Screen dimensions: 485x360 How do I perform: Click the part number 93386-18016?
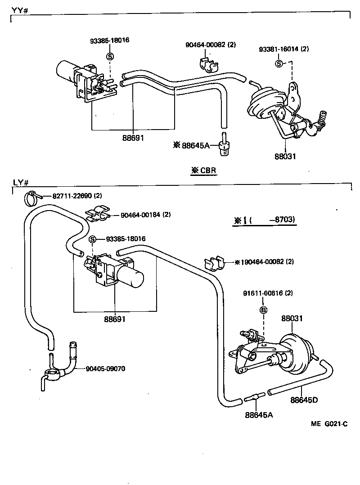pyautogui.click(x=109, y=40)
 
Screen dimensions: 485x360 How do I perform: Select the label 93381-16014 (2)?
pyautogui.click(x=283, y=49)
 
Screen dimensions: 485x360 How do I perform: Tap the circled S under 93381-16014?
pyautogui.click(x=279, y=63)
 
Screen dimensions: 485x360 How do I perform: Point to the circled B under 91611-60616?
pyautogui.click(x=264, y=310)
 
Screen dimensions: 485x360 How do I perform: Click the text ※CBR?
pyautogui.click(x=203, y=171)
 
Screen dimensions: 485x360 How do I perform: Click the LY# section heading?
pyautogui.click(x=21, y=183)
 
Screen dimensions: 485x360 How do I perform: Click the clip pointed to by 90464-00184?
pyautogui.click(x=98, y=216)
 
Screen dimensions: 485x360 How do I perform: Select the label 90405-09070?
pyautogui.click(x=105, y=369)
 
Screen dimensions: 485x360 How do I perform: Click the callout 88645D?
pyautogui.click(x=304, y=400)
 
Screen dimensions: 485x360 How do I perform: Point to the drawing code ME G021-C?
pyautogui.click(x=329, y=424)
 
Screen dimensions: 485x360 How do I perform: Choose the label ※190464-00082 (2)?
pyautogui.click(x=264, y=261)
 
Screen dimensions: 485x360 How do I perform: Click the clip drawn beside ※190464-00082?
pyautogui.click(x=215, y=263)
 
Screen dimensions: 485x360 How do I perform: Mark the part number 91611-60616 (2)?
pyautogui.click(x=268, y=293)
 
